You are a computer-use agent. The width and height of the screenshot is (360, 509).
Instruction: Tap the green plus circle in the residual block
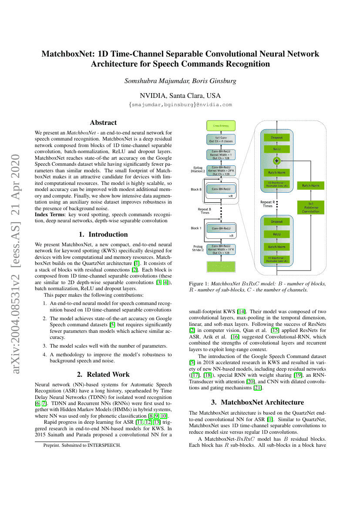276,160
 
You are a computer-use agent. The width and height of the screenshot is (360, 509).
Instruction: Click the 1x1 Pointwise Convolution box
311,208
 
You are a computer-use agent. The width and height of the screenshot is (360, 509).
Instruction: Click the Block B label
196,190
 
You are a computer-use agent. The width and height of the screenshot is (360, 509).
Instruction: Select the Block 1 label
197,228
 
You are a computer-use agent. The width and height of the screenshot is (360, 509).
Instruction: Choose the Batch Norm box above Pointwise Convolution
311,186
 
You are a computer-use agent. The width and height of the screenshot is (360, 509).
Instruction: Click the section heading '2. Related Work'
103,374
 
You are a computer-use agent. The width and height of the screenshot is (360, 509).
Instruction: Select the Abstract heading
103,123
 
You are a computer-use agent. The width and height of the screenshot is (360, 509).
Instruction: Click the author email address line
180,105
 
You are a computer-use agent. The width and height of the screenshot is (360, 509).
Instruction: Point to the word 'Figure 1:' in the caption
199,283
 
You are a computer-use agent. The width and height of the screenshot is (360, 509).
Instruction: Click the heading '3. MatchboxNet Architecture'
258,402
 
